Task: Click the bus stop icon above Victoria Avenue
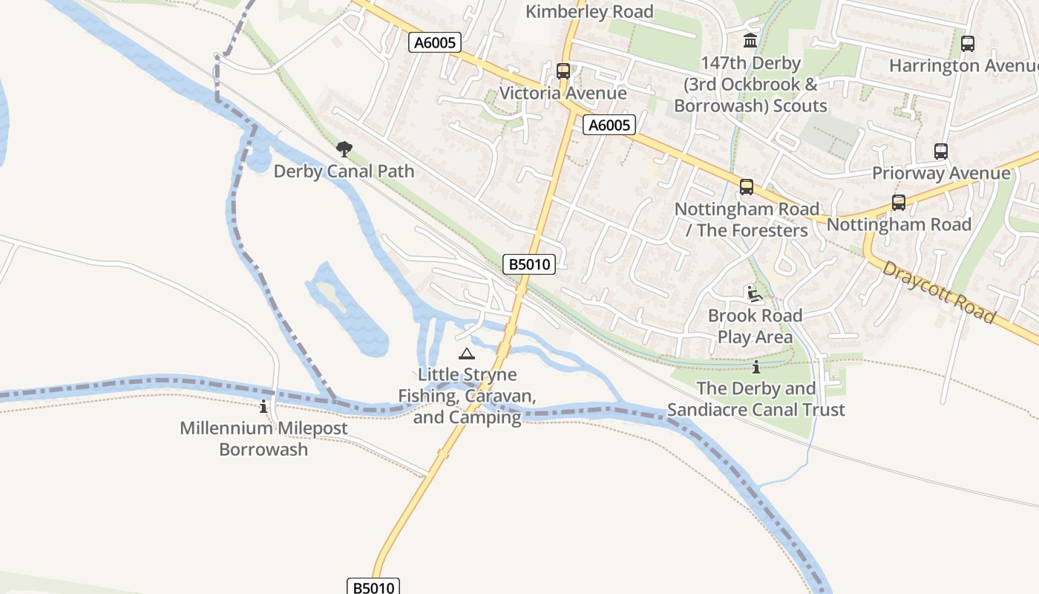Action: click(563, 71)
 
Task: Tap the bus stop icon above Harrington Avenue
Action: click(967, 44)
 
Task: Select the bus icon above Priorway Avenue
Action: click(941, 151)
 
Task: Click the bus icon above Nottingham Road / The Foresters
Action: click(747, 187)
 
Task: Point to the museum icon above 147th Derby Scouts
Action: click(750, 40)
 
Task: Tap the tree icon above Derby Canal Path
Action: click(344, 149)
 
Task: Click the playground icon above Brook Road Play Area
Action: click(755, 294)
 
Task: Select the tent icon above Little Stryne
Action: click(466, 353)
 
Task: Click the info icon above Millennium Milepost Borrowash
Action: click(263, 406)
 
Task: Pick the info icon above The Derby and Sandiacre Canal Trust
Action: click(756, 367)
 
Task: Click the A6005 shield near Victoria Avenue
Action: click(609, 125)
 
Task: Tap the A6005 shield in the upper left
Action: click(435, 42)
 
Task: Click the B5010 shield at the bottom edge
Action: click(373, 587)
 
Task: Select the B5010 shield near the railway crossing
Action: click(529, 264)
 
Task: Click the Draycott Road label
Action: click(938, 292)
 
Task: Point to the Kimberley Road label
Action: click(589, 12)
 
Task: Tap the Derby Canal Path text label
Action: click(344, 172)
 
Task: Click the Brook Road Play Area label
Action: click(755, 326)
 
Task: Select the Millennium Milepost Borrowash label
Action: click(263, 439)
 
